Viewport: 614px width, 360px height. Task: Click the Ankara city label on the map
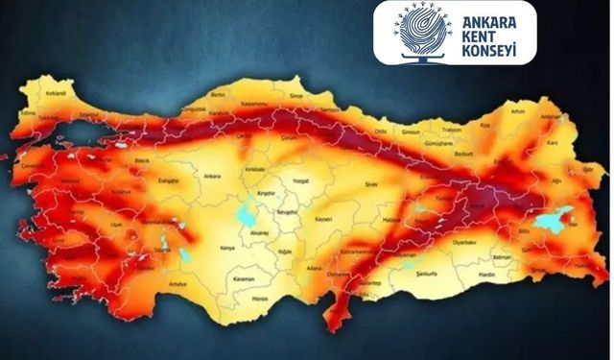[x=212, y=177]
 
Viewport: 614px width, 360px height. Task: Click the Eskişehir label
[x=170, y=179]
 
